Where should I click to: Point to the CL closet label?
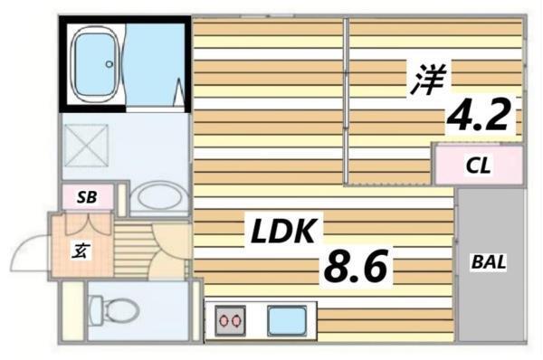(x=479, y=166)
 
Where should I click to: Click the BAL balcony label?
(x=489, y=262)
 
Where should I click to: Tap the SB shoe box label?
(x=87, y=197)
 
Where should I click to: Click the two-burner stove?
(x=231, y=320)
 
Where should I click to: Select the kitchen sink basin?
(x=289, y=321)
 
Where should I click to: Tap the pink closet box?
(x=479, y=166)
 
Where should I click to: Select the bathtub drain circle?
(x=109, y=63)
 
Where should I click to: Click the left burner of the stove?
(x=224, y=320)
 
